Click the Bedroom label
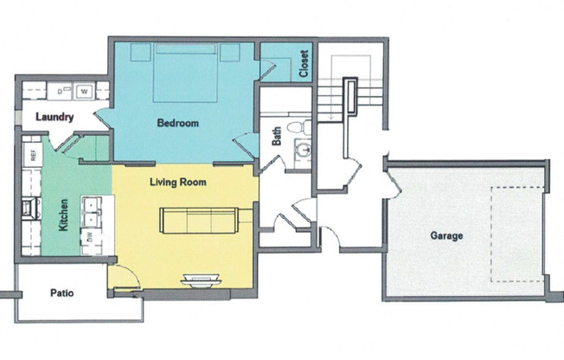tap(177, 124)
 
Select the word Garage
tap(446, 235)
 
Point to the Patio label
tap(61, 293)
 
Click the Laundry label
tap(54, 118)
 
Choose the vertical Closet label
tap(304, 64)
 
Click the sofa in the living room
tap(196, 221)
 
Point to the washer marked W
tap(85, 90)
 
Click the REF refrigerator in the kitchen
tap(33, 157)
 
